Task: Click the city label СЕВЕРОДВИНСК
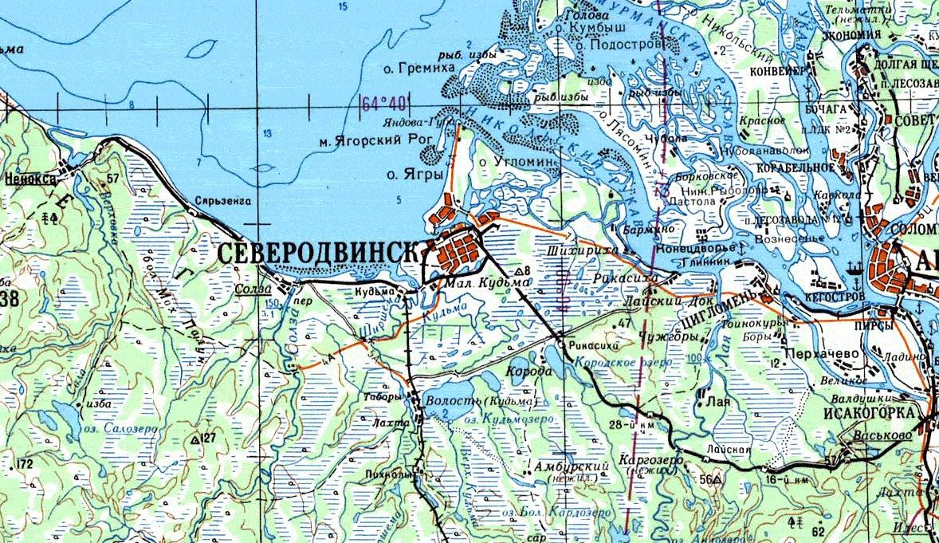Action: [x=317, y=253]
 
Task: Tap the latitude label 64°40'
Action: [x=383, y=104]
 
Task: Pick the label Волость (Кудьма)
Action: [x=481, y=400]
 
